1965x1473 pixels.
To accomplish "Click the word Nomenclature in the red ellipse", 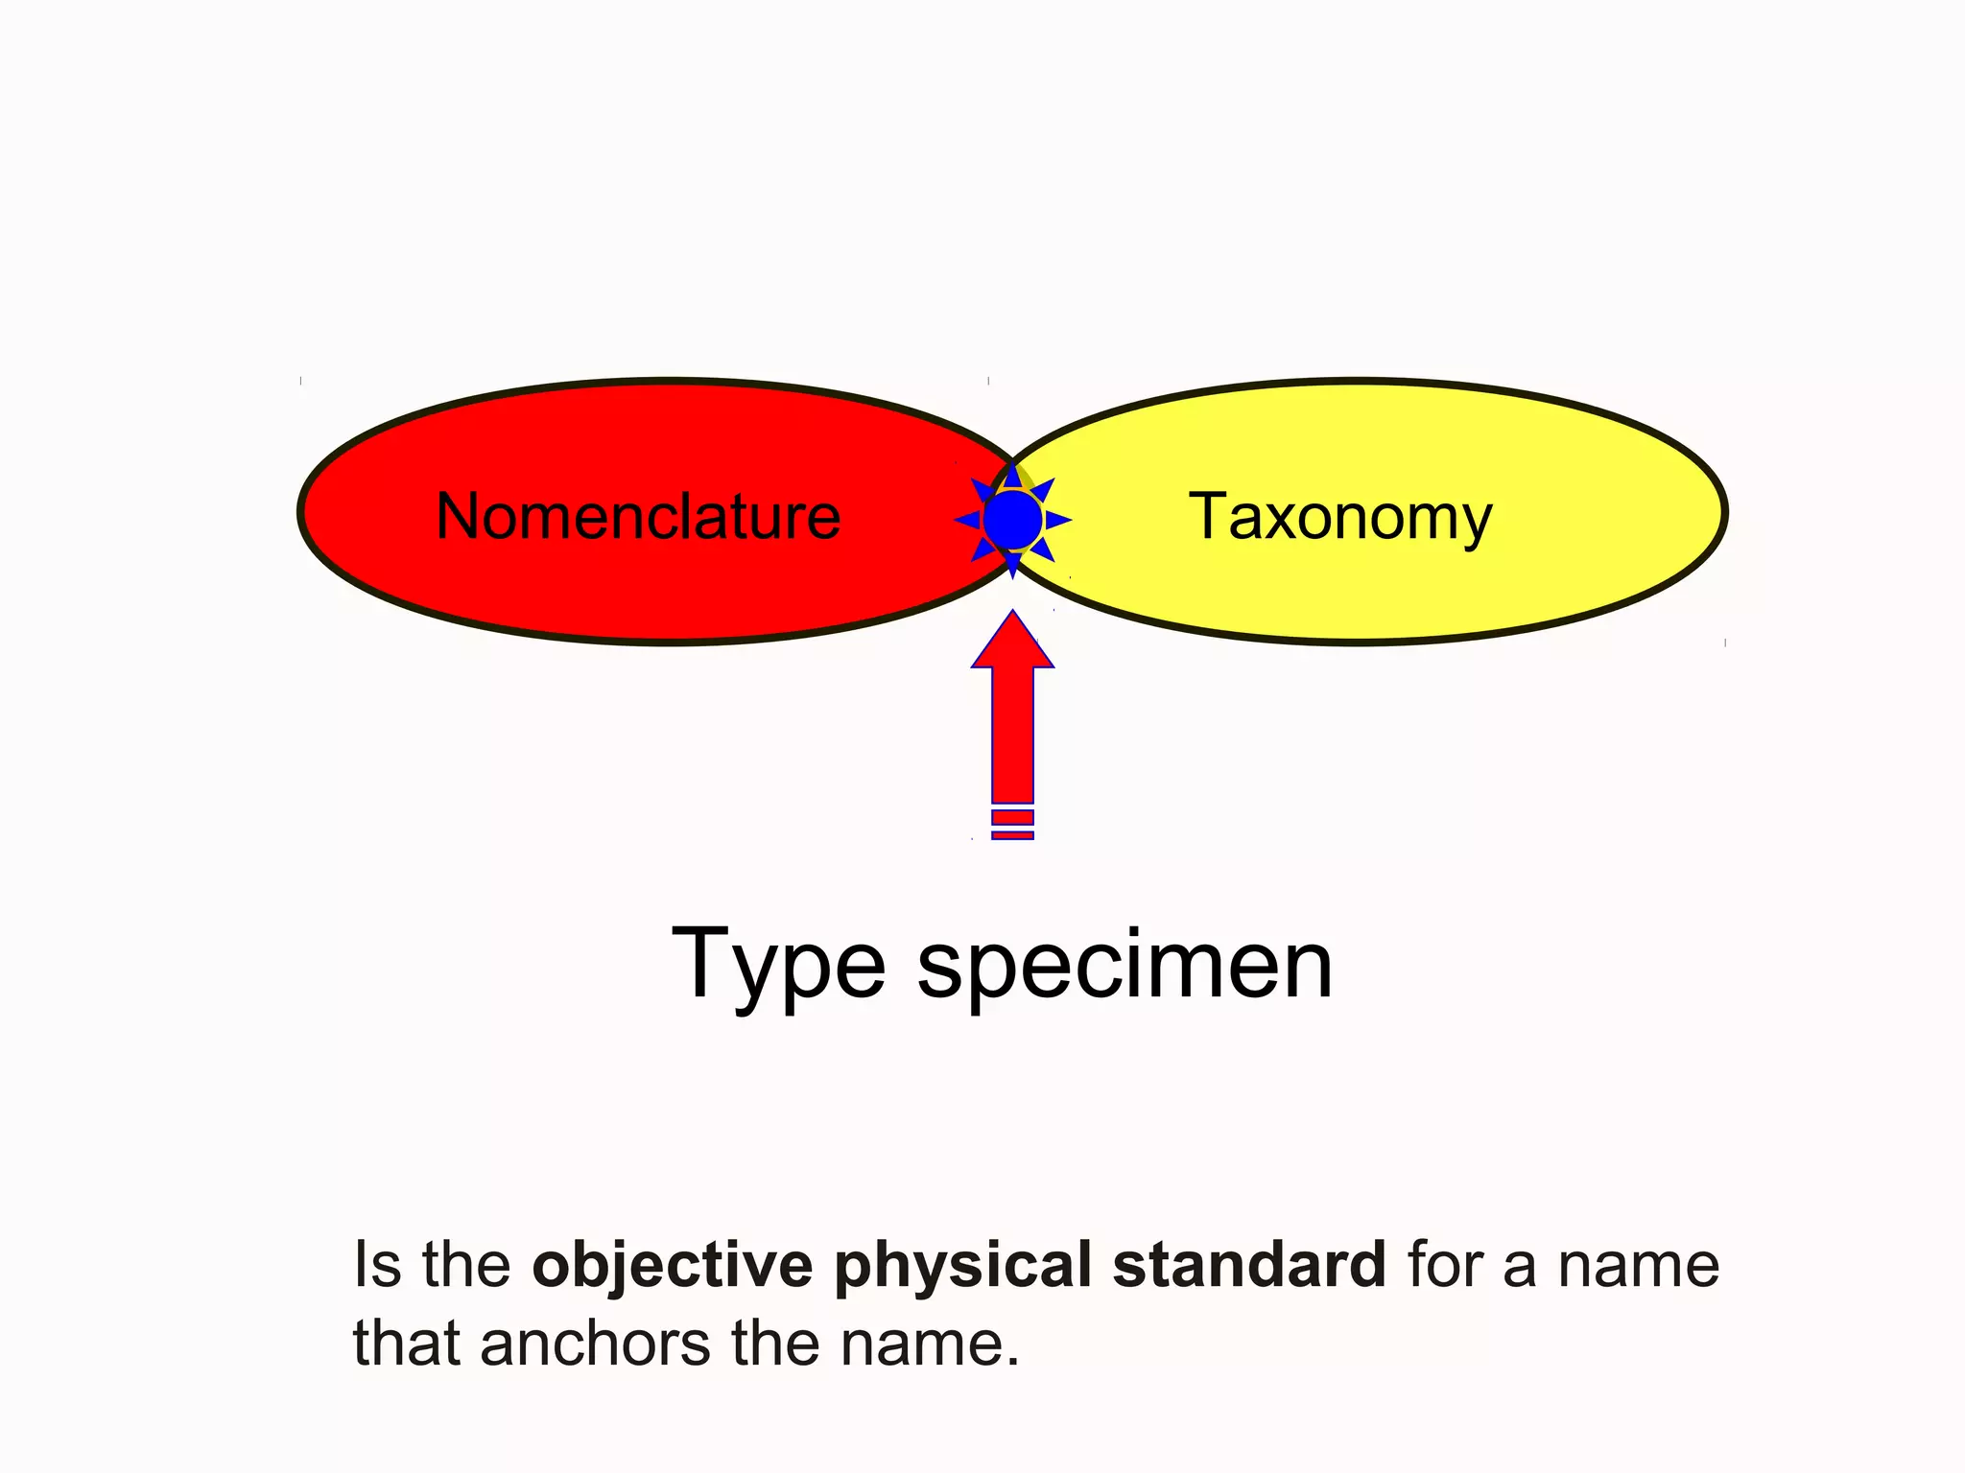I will (638, 516).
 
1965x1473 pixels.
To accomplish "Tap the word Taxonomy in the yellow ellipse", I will (1340, 518).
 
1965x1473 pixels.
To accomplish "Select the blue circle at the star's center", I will (1012, 520).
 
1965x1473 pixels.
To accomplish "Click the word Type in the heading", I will (777, 967).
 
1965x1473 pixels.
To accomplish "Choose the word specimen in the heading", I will (1125, 967).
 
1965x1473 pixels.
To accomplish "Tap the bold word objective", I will (672, 1266).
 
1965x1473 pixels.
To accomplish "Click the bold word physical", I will (962, 1266).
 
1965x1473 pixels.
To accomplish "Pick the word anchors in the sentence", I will (596, 1343).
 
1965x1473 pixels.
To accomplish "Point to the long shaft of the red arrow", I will (1012, 734).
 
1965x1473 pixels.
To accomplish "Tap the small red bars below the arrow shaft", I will (1012, 825).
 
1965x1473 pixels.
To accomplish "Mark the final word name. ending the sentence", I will (930, 1343).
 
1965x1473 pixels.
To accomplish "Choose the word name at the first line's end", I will (1638, 1266).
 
